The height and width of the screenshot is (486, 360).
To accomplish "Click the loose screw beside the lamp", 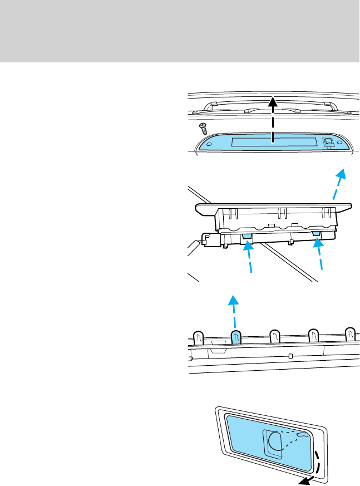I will pyautogui.click(x=203, y=128).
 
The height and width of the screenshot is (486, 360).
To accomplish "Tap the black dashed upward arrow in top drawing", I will pyautogui.click(x=272, y=120).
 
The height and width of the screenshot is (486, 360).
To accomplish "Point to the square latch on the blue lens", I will pyautogui.click(x=328, y=144).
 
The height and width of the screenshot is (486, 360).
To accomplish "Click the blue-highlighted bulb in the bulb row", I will pyautogui.click(x=236, y=337).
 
